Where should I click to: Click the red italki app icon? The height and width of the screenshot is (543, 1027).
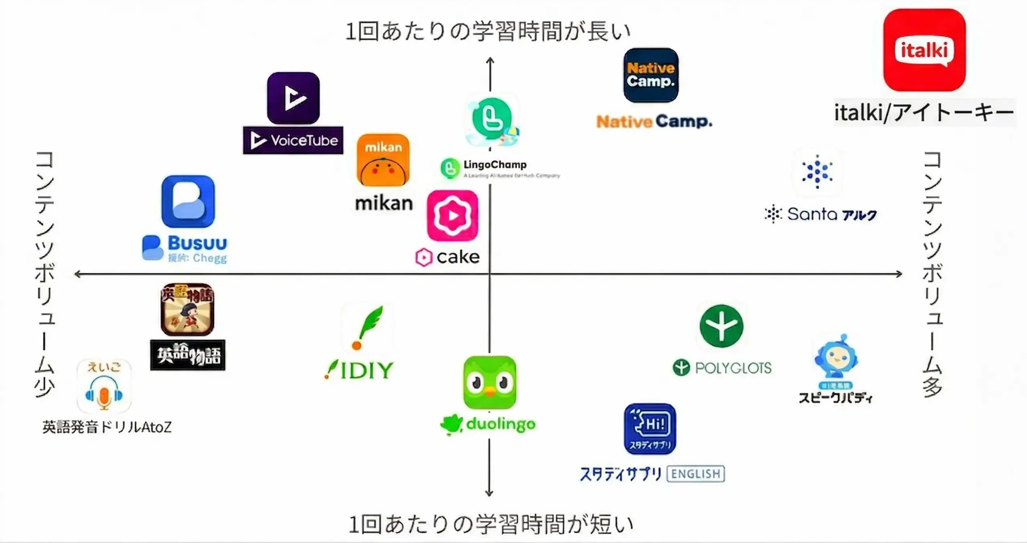tap(924, 50)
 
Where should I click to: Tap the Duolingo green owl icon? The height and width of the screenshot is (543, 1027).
tap(489, 382)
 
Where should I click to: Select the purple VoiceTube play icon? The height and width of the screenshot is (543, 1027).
tap(293, 98)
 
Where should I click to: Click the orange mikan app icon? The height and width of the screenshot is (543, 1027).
tap(383, 160)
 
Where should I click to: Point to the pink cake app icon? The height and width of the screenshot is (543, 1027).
tap(453, 216)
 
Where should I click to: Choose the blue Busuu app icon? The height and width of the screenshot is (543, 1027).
tap(188, 202)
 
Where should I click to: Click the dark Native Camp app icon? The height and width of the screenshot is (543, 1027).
tap(651, 75)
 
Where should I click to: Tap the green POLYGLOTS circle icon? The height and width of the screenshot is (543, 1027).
tap(721, 326)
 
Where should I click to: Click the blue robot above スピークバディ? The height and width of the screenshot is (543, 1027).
tap(836, 356)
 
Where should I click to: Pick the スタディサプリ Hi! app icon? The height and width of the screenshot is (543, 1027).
tap(650, 429)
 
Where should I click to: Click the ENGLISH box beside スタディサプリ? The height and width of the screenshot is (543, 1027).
tap(696, 474)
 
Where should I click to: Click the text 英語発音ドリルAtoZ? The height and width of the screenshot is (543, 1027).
tap(107, 427)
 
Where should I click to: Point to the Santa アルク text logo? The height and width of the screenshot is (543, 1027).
tap(821, 214)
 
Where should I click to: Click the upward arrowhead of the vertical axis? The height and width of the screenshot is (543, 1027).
tap(490, 61)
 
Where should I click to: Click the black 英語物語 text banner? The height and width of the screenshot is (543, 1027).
tap(188, 355)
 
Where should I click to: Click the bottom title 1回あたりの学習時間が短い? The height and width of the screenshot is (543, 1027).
tap(490, 525)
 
